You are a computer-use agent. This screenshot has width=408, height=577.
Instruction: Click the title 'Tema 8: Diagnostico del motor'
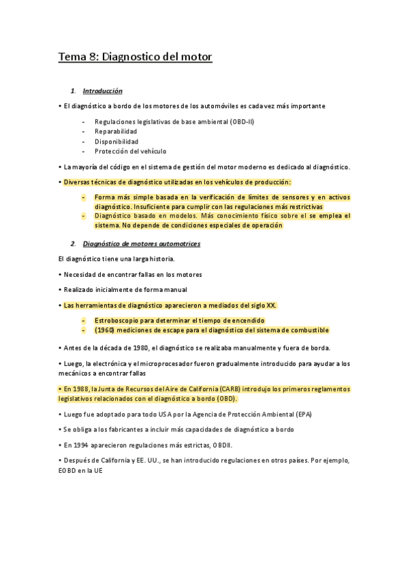point(135,58)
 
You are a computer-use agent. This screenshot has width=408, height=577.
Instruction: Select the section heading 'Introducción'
point(102,90)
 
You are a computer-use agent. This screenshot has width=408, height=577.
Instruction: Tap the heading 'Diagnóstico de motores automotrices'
point(141,244)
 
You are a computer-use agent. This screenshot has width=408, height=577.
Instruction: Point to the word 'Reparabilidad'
point(116,131)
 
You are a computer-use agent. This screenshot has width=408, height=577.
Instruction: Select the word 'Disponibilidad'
point(116,142)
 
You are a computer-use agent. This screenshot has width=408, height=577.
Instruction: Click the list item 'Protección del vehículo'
point(130,151)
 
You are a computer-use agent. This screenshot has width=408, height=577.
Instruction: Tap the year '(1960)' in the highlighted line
point(104,330)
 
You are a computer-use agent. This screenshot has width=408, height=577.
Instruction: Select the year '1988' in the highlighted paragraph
point(82,389)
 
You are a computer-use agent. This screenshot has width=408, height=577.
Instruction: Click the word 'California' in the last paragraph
point(101,461)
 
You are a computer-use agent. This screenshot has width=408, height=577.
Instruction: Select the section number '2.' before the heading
point(73,244)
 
